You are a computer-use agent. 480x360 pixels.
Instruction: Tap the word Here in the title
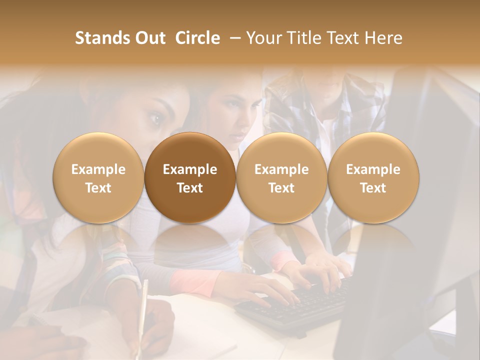click(383, 38)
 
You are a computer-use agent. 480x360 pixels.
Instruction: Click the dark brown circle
click(190, 177)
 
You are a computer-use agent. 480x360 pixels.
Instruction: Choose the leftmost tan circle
click(98, 177)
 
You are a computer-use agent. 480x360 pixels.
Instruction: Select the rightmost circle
click(373, 177)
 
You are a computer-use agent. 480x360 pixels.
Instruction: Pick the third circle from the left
click(281, 177)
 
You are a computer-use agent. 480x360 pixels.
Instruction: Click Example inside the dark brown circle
click(190, 169)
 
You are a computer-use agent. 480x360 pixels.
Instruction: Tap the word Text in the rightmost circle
click(373, 188)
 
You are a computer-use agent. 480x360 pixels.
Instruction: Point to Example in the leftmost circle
click(98, 169)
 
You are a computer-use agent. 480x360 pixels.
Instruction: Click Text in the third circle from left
click(281, 188)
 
